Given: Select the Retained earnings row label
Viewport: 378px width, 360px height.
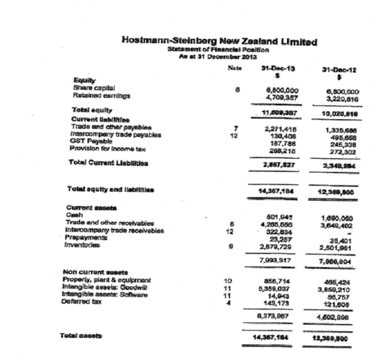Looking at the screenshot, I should (95, 95).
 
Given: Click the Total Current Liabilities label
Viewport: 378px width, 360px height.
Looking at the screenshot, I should (108, 162).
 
